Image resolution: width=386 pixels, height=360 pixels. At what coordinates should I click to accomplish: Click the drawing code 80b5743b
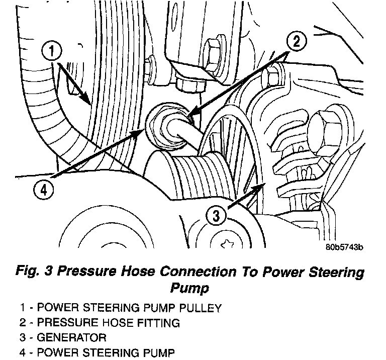point(343,248)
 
